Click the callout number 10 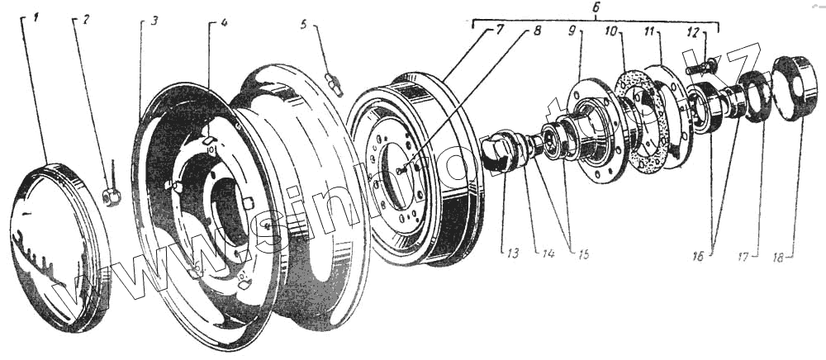612,32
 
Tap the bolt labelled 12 700,64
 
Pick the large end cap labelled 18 794,87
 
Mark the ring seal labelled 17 753,96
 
